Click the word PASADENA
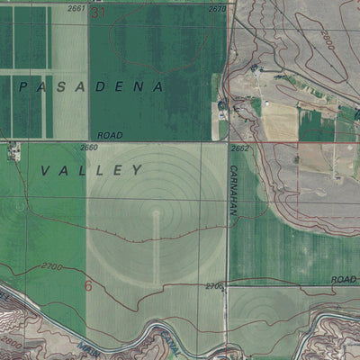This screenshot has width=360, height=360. click(90, 87)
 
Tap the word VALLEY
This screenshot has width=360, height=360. click(93, 169)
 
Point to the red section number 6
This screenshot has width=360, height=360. click(88, 285)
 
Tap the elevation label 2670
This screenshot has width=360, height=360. click(217, 8)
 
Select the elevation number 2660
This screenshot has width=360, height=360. click(88, 148)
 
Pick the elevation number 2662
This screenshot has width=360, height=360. click(239, 148)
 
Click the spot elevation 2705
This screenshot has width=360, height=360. click(213, 286)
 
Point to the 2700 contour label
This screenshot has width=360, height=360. click(52, 267)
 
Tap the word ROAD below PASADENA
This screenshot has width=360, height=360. click(109, 135)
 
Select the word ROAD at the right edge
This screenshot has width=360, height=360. click(344, 280)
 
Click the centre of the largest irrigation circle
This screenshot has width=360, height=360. click(156, 216)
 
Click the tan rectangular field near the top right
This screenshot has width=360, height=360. click(279, 121)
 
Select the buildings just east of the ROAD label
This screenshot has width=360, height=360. click(221, 110)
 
